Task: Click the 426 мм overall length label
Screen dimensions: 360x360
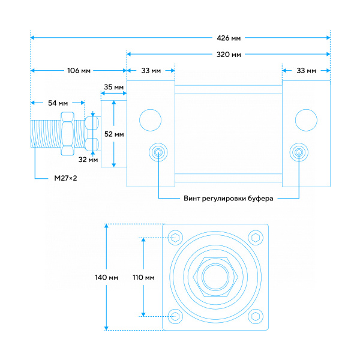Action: [x=229, y=38]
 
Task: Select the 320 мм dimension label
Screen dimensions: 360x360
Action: [x=229, y=55]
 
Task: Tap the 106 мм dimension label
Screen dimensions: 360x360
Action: [x=79, y=70]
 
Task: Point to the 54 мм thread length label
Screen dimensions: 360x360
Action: [x=58, y=103]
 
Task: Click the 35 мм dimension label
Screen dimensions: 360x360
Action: [x=113, y=87]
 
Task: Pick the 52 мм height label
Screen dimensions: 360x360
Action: [x=114, y=134]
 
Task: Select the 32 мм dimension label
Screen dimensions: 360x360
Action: [x=88, y=160]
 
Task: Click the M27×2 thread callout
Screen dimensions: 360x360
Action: [x=65, y=178]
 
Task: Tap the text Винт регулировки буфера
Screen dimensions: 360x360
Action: [x=229, y=199]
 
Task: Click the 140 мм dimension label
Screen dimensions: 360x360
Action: [x=107, y=278]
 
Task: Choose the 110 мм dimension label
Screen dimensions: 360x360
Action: [x=143, y=278]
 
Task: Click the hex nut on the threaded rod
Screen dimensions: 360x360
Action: [x=67, y=134]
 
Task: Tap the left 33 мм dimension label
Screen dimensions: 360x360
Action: [x=151, y=70]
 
